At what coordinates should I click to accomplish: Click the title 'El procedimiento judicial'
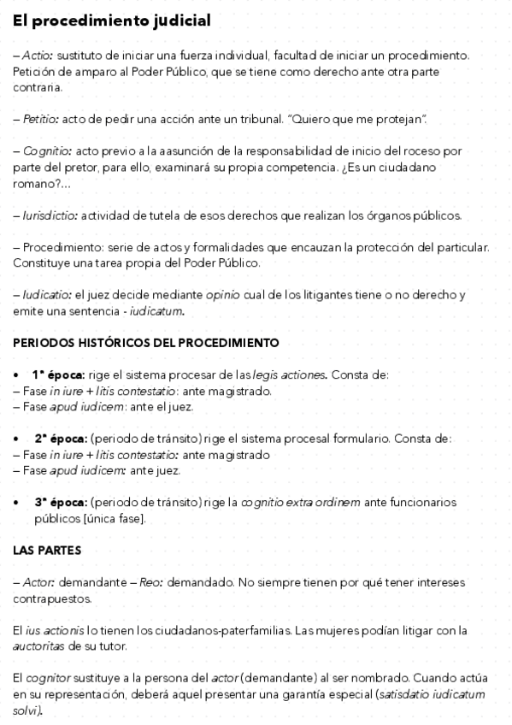point(111,21)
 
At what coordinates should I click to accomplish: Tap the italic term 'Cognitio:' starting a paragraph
point(44,150)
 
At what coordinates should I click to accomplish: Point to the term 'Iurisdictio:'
point(50,215)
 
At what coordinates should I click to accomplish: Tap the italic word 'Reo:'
point(150,582)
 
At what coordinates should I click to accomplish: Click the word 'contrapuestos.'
point(53,598)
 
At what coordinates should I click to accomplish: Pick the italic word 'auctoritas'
point(41,646)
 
